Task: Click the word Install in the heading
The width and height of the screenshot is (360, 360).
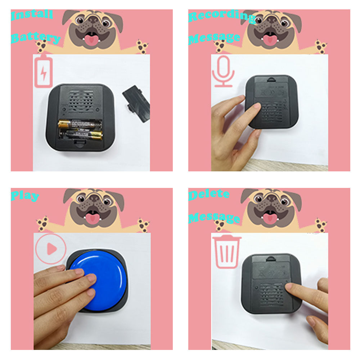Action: pyautogui.click(x=32, y=15)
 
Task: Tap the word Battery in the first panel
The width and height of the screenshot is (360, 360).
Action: pyautogui.click(x=35, y=38)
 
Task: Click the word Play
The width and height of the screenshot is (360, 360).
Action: pyautogui.click(x=25, y=196)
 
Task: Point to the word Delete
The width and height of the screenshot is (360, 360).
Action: pyautogui.click(x=209, y=195)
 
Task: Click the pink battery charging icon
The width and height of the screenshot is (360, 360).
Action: pyautogui.click(x=43, y=72)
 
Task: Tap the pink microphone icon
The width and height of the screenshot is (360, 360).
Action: pyautogui.click(x=223, y=71)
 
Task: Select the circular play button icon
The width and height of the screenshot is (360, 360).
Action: pyautogui.click(x=51, y=249)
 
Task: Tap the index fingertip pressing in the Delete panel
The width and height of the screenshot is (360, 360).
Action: pyautogui.click(x=289, y=287)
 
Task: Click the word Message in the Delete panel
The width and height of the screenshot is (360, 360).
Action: pyautogui.click(x=214, y=217)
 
